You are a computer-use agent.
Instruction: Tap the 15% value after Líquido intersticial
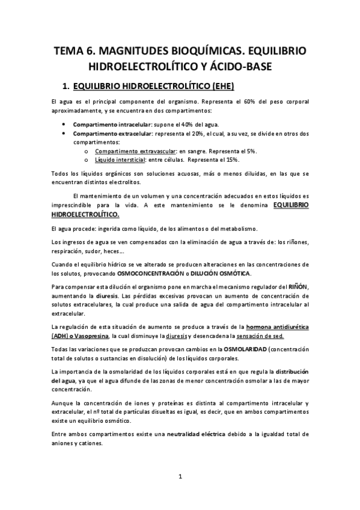pos(231,160)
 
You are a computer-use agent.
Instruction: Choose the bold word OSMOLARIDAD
pos(254,349)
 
